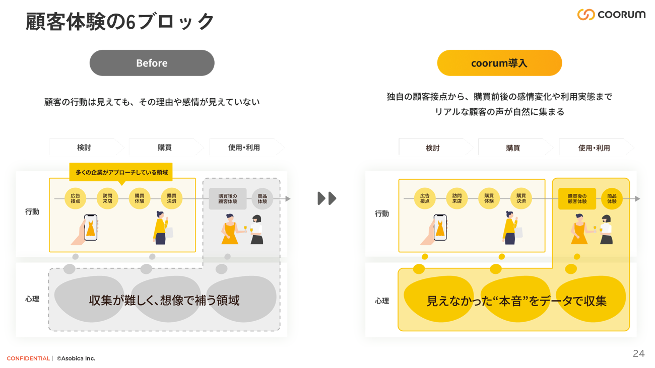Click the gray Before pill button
click(x=152, y=63)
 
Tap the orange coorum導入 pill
click(x=499, y=63)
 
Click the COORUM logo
click(x=611, y=15)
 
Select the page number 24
click(x=638, y=353)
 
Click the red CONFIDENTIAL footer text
click(x=28, y=358)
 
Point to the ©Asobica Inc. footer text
click(x=76, y=358)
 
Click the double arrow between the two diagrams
click(x=327, y=198)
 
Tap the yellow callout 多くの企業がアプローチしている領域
click(x=121, y=172)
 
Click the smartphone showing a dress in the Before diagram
click(x=90, y=228)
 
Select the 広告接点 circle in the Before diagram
click(x=76, y=198)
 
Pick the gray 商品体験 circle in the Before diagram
click(x=262, y=198)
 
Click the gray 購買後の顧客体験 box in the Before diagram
click(x=227, y=198)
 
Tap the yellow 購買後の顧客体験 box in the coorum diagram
click(x=577, y=199)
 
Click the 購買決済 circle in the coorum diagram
click(x=521, y=198)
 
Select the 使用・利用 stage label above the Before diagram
click(x=244, y=148)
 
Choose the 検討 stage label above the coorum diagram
click(x=432, y=148)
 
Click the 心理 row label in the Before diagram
click(x=32, y=299)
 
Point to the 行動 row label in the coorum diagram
click(x=382, y=213)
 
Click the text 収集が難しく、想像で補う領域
click(x=164, y=301)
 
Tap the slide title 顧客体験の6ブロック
click(x=120, y=22)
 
